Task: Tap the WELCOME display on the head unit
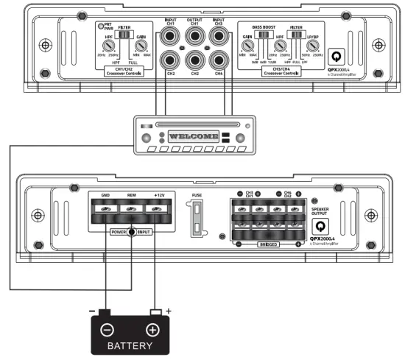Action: [193, 137]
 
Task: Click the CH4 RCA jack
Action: [217, 60]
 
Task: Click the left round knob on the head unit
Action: [146, 138]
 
